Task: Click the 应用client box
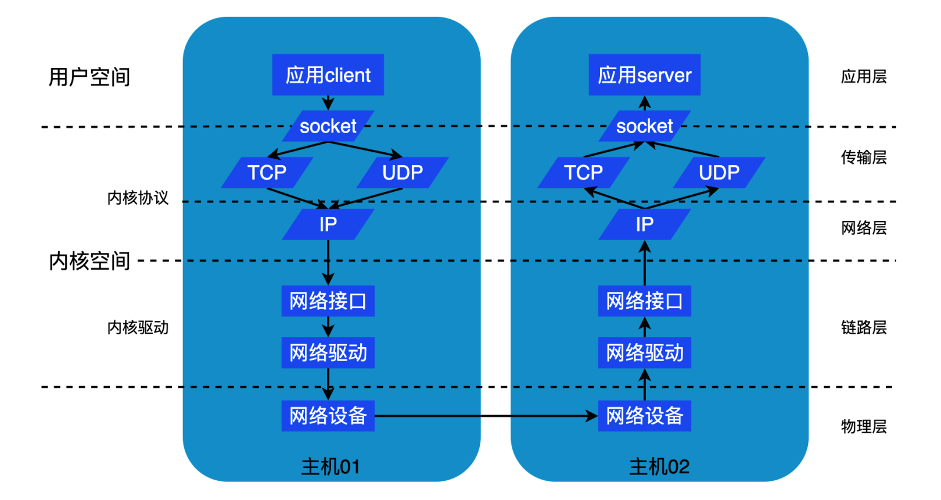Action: tap(328, 75)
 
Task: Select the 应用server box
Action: tap(644, 75)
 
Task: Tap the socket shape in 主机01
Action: tap(328, 126)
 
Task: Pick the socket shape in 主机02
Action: tap(644, 126)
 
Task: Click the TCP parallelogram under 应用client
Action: tap(267, 173)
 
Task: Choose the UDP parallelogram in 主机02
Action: tap(719, 173)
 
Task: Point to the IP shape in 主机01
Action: tap(328, 224)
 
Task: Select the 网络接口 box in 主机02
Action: tap(644, 301)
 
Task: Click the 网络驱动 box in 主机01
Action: tap(328, 353)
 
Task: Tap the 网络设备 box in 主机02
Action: tap(644, 416)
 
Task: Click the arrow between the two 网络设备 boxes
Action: tap(486, 416)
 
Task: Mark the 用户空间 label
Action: tap(89, 77)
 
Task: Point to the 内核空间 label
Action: tap(89, 261)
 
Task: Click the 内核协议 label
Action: tap(138, 198)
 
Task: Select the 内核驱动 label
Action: tap(138, 328)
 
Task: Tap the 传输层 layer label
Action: tap(864, 158)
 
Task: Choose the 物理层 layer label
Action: tap(864, 427)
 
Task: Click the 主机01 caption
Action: tap(331, 466)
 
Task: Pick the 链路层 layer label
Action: tap(864, 328)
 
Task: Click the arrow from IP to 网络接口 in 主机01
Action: tap(328, 262)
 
